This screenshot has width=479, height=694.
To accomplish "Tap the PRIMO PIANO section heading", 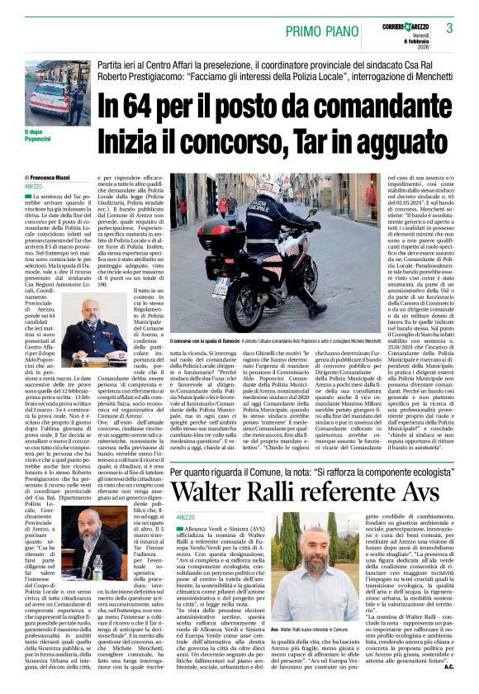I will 323,31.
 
